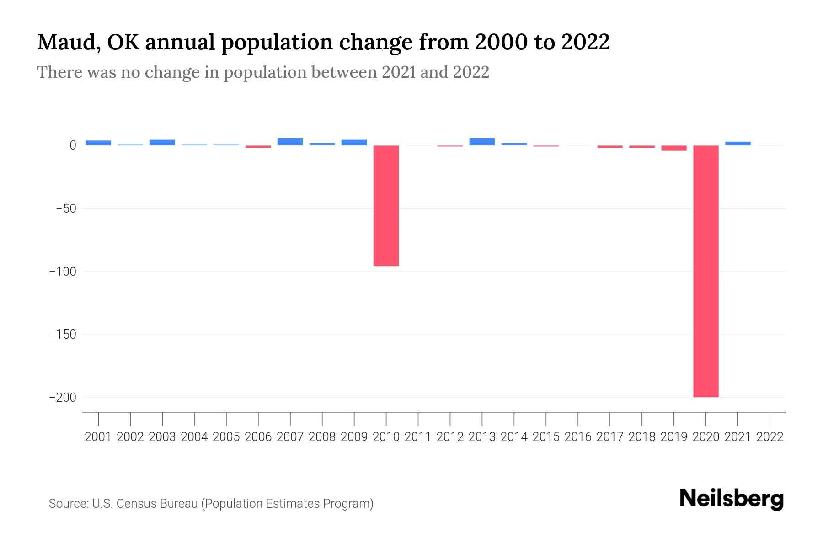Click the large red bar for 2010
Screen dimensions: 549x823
(386, 206)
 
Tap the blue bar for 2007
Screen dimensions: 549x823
(290, 142)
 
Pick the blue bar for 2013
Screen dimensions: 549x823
(482, 142)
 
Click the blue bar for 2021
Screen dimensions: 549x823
(737, 144)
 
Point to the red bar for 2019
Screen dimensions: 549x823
(673, 148)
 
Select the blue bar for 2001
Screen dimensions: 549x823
(98, 143)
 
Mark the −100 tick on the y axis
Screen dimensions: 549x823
(63, 271)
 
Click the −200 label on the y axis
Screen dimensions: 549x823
(63, 397)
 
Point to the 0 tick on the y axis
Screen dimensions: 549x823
(73, 145)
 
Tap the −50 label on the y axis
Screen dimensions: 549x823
(66, 209)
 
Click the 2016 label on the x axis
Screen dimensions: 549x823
(578, 437)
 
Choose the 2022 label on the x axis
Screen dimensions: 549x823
(770, 437)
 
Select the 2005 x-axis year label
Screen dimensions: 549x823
(226, 437)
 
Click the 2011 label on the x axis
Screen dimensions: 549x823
(418, 437)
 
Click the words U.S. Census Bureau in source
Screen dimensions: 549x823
(145, 504)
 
